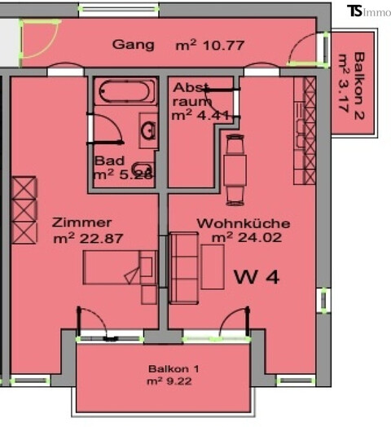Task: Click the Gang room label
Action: coord(134,45)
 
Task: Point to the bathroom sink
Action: coord(148,130)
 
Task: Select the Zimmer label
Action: coord(81,222)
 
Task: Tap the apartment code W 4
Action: coord(257,277)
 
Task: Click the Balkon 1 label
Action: coord(174,368)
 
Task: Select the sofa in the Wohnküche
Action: coord(184,262)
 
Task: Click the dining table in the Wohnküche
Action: coord(235,169)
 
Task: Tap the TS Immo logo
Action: coord(367,11)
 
